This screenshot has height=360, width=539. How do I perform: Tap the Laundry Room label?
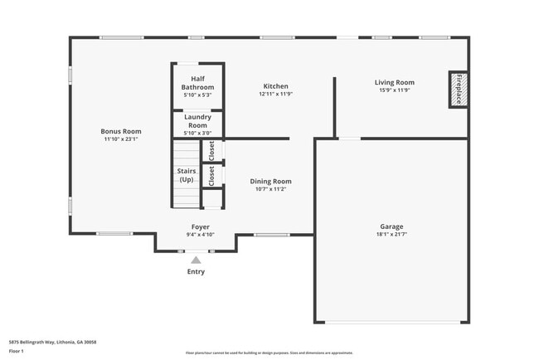pos(197,121)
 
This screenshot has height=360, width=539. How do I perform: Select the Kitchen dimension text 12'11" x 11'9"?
pos(275,95)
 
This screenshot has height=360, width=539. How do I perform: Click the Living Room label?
pos(394,82)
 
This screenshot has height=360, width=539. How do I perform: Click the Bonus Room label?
pos(121,131)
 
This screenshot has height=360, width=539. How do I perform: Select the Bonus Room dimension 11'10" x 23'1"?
pos(121,139)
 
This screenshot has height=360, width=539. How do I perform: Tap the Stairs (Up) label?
pos(187,175)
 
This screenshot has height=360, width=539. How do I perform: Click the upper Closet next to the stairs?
pos(212,150)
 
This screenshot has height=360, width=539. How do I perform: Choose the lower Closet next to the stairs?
pos(212,175)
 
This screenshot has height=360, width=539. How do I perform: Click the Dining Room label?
pos(270,181)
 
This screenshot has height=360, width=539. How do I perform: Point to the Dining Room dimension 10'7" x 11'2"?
pos(270,189)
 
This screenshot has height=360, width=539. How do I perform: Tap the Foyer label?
pos(200,226)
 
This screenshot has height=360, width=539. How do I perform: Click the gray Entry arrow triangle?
pos(196,260)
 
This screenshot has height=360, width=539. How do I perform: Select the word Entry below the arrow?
pos(196,271)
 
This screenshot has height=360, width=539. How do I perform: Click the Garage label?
pos(391,226)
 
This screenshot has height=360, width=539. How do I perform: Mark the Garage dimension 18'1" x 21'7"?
pos(391,235)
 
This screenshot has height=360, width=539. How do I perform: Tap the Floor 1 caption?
pos(16,351)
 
